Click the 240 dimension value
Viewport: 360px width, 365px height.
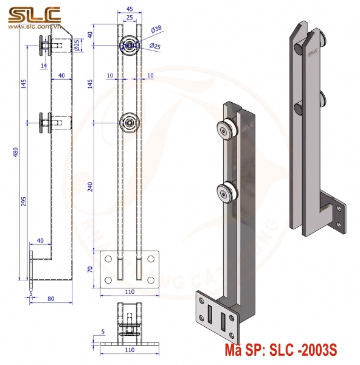point(92,186)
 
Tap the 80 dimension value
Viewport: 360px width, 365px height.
point(50,299)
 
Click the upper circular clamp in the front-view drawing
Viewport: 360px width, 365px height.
point(130,44)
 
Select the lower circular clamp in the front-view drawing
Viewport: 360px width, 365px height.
point(130,122)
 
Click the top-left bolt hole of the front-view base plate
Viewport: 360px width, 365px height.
point(108,259)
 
